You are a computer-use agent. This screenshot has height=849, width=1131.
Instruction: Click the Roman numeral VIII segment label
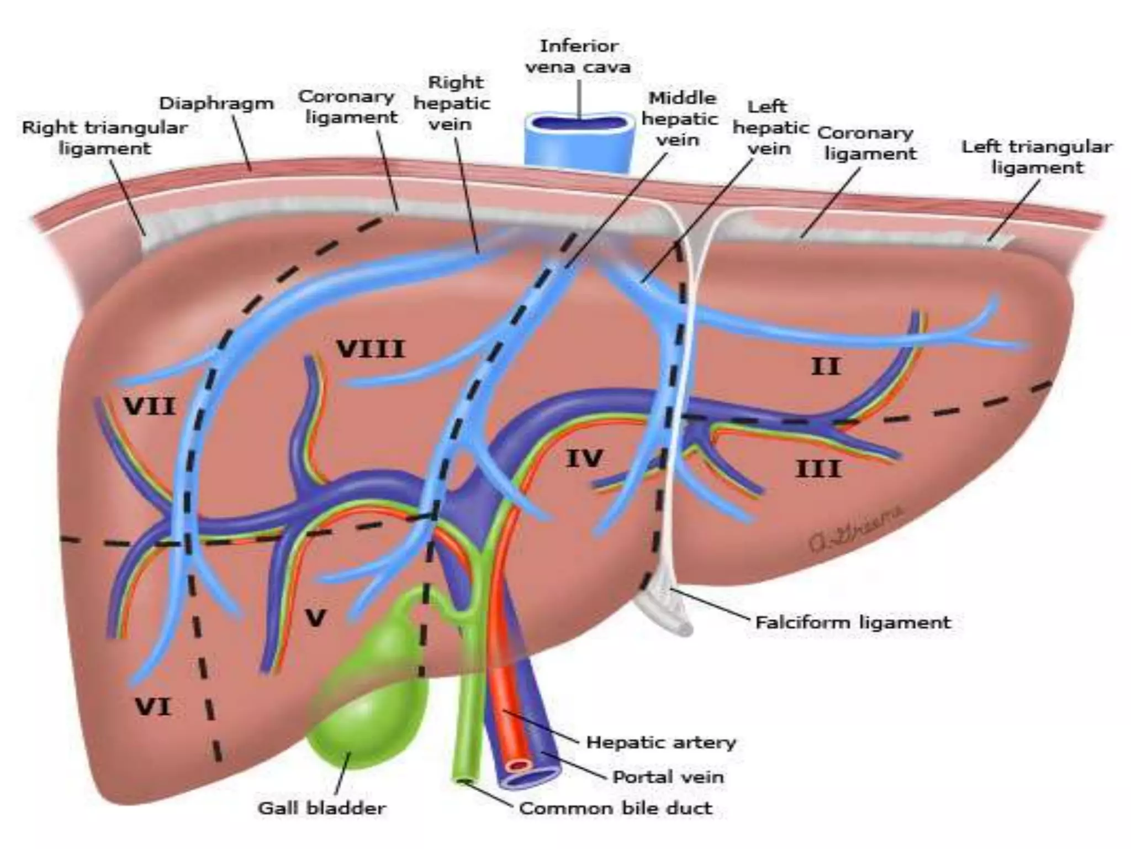coord(371,349)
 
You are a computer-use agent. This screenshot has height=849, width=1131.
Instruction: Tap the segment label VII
coord(149,407)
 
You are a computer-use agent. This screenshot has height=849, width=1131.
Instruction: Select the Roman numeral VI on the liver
coord(153,707)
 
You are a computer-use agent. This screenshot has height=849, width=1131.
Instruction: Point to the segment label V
coord(315,618)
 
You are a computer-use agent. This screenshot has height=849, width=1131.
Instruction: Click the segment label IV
coord(584,458)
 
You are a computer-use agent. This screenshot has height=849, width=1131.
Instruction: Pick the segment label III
coord(818,469)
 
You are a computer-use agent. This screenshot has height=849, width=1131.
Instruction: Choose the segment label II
coord(826,366)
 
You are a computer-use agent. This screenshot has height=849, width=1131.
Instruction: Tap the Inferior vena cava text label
coord(578,56)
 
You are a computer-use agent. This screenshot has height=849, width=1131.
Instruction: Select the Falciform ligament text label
coord(853,622)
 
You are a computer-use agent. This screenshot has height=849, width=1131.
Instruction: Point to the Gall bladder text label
coord(322,808)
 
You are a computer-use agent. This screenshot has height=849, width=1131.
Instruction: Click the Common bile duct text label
coord(616,808)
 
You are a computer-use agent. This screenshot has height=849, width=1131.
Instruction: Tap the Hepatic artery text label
coord(661,742)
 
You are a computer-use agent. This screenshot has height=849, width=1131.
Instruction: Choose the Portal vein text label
coord(668,777)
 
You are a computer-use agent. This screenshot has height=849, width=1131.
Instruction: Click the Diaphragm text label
coord(216,103)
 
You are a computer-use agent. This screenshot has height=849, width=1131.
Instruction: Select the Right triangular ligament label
coord(105,138)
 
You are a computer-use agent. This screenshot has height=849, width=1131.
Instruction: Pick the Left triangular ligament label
coord(1037,157)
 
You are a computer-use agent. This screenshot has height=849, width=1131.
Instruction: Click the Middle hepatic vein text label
coord(680,119)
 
